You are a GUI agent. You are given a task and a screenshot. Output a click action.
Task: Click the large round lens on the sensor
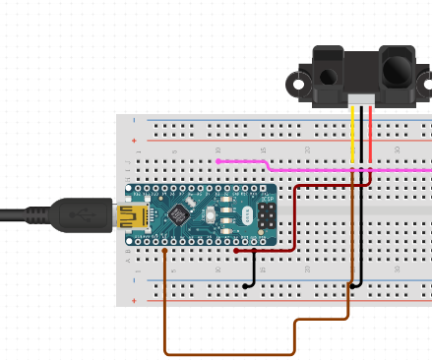coord(397,70)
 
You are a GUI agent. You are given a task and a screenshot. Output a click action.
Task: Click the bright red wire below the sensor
coord(370,138)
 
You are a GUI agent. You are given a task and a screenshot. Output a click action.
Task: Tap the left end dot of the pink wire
coord(218,160)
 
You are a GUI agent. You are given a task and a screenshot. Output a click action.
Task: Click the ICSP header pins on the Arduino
coord(267,213)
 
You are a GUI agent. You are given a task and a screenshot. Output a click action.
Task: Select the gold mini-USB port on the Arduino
coord(128,214)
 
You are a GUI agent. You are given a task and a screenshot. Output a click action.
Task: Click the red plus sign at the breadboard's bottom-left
coord(136,299)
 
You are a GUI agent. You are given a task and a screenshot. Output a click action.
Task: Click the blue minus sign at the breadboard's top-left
coord(136,123)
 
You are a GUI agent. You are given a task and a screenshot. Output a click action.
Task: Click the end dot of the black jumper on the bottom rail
coord(245,286)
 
